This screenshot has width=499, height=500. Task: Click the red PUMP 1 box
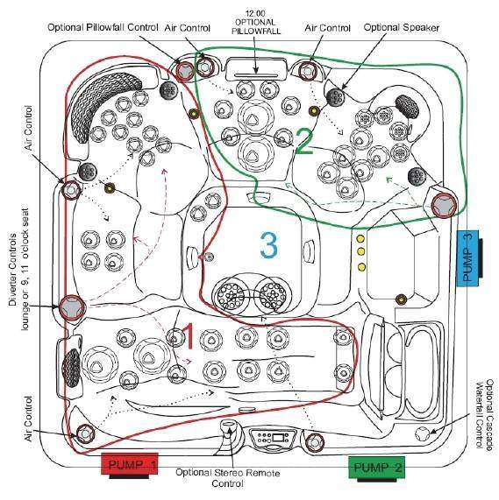[129, 465]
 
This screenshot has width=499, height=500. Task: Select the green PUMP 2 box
[377, 468]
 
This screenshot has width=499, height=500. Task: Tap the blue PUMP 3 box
[467, 258]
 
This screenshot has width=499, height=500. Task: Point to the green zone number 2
[304, 141]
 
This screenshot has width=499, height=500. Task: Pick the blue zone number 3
[269, 245]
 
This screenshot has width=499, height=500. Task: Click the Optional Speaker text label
[402, 28]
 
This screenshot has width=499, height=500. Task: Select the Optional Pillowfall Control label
[103, 27]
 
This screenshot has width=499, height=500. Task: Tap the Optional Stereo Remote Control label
[228, 478]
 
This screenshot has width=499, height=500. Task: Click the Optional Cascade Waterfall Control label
[485, 414]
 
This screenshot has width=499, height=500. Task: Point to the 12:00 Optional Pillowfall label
[256, 22]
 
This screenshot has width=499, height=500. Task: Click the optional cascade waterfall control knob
[422, 433]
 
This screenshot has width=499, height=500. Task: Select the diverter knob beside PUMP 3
[444, 205]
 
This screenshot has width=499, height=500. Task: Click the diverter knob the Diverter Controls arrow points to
[73, 307]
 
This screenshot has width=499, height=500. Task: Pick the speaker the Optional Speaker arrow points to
[336, 96]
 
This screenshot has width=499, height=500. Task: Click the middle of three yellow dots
[360, 252]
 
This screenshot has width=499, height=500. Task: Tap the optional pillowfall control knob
[184, 72]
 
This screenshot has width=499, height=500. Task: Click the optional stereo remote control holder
[228, 429]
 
